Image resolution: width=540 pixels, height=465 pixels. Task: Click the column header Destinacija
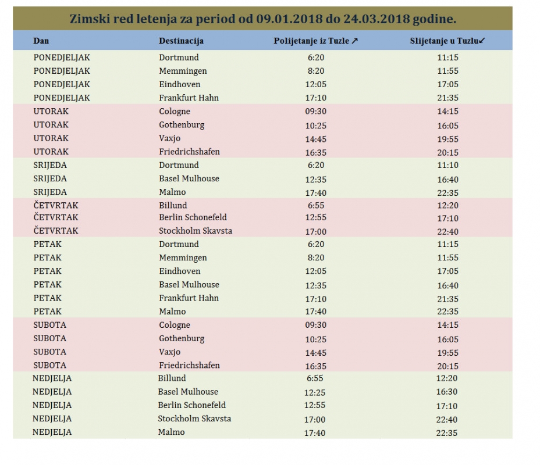[181, 41]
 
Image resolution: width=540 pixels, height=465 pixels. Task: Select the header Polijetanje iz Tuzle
[315, 41]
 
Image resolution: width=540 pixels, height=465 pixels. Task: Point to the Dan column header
[41, 41]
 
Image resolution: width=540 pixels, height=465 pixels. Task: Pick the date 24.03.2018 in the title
[378, 19]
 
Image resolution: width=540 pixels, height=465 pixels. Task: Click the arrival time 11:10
[447, 166]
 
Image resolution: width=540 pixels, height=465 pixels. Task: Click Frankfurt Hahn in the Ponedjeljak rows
[189, 98]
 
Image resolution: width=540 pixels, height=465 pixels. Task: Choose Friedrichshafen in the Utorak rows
[189, 152]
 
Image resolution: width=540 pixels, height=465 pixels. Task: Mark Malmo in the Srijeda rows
[172, 192]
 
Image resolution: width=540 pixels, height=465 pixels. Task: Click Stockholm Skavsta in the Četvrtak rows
[196, 231]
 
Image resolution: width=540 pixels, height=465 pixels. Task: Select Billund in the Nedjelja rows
[172, 378]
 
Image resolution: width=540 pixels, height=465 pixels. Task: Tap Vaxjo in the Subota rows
[170, 352]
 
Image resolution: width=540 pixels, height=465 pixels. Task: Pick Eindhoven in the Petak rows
[180, 271]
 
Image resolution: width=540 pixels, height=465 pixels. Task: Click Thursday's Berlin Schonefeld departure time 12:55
[315, 218]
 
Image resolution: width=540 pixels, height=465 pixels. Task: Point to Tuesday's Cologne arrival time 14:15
[447, 112]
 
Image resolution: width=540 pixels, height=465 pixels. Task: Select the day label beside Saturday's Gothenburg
[49, 338]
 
